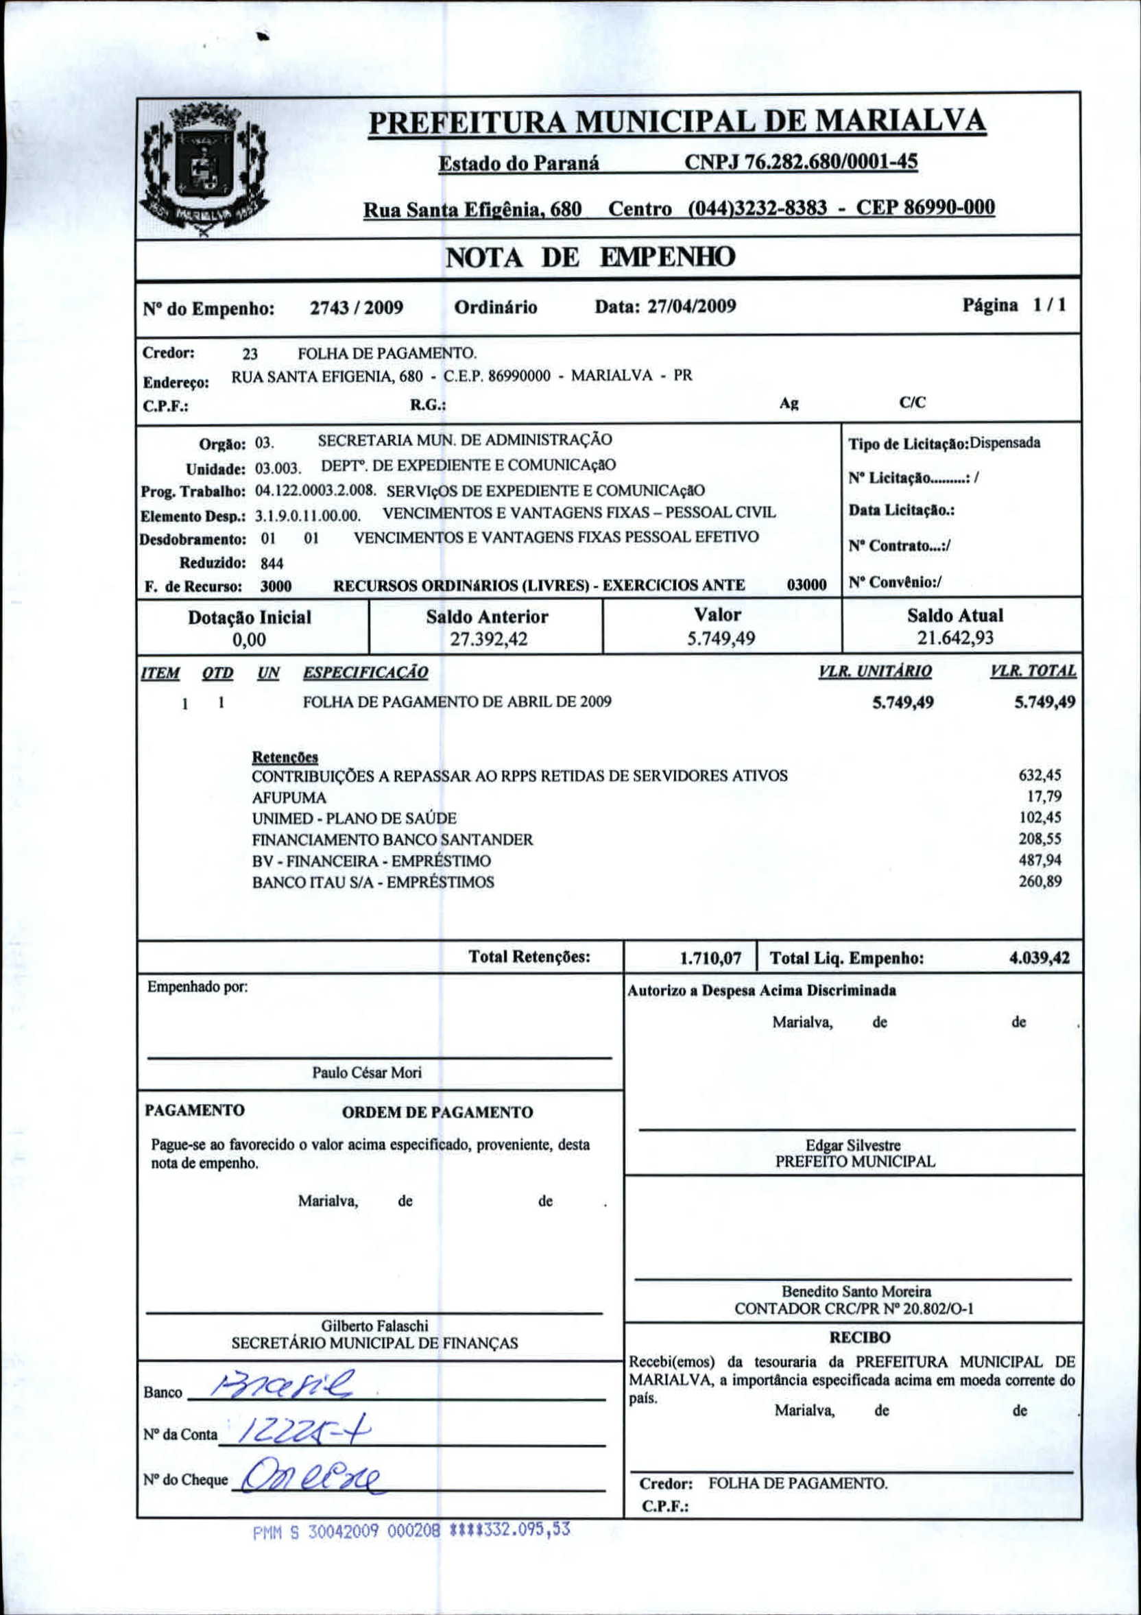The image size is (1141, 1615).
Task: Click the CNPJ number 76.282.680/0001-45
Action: click(x=801, y=163)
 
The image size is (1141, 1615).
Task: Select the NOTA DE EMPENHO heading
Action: click(x=590, y=257)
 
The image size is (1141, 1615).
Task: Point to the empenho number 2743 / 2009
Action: click(x=357, y=308)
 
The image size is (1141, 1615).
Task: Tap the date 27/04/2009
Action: click(x=690, y=306)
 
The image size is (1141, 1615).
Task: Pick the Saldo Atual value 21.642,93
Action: click(x=954, y=637)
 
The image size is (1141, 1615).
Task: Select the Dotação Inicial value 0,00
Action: click(x=249, y=639)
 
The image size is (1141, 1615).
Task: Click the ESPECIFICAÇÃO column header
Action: click(x=365, y=673)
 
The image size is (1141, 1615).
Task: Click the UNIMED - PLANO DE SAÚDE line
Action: click(x=355, y=818)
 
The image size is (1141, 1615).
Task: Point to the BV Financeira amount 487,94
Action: click(x=1040, y=859)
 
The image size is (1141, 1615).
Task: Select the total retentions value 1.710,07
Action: click(x=710, y=958)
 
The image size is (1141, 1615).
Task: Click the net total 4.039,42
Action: click(x=1039, y=958)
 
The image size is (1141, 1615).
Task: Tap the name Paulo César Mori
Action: click(x=366, y=1073)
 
